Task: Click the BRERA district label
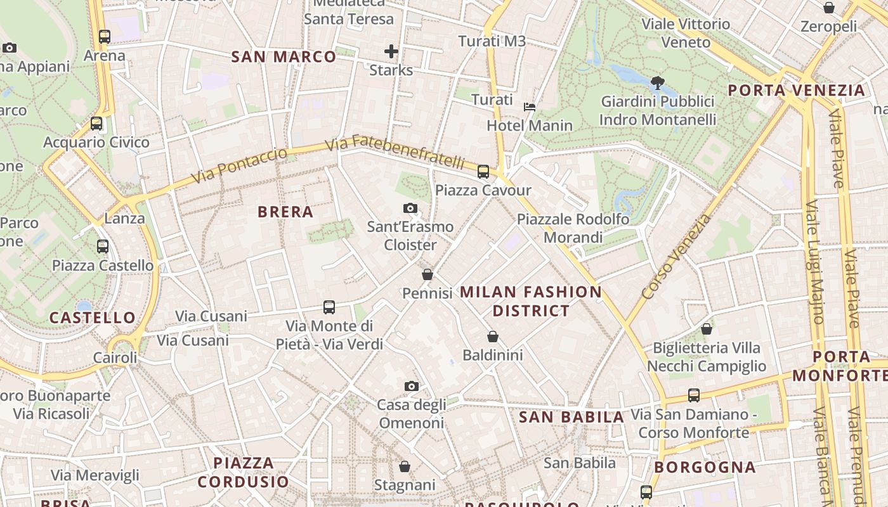[285, 212]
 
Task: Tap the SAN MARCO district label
[284, 57]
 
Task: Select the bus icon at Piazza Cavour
[483, 171]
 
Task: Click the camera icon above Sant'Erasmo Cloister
[410, 208]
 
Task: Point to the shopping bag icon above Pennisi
[428, 274]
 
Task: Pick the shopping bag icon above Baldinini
[493, 337]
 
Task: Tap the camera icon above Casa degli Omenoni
[411, 386]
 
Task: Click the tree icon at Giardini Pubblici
[658, 82]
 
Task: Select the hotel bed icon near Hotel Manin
[530, 106]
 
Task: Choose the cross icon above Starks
[391, 51]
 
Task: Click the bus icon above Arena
[105, 37]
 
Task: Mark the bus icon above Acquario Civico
[96, 124]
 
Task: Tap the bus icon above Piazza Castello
[103, 246]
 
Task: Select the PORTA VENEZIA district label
[796, 90]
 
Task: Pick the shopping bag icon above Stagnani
[405, 466]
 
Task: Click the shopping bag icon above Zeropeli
[828, 8]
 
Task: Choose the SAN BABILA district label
[571, 417]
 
